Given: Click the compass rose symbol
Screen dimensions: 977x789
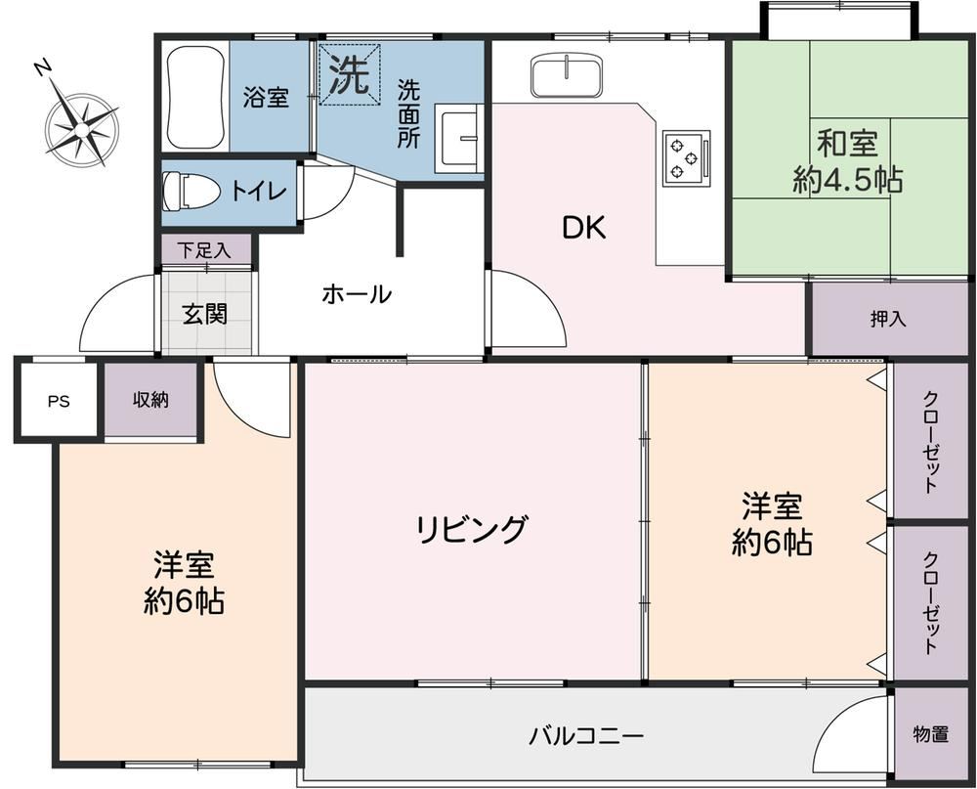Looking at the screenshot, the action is (x=80, y=125).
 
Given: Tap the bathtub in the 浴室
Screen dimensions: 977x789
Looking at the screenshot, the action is (x=195, y=96).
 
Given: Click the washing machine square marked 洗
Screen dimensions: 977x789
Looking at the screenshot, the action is (x=350, y=74).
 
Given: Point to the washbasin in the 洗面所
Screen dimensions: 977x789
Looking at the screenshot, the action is (x=458, y=138).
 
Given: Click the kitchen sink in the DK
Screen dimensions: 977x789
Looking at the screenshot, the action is (x=567, y=75).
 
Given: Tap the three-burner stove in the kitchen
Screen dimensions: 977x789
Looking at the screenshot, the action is (x=687, y=157).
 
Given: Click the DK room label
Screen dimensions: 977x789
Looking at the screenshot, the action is (x=584, y=228).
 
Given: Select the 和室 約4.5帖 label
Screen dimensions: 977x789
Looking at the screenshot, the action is (x=847, y=162).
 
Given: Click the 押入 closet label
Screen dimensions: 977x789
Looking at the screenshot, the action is (x=888, y=320).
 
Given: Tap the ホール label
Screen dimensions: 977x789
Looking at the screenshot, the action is (x=357, y=293).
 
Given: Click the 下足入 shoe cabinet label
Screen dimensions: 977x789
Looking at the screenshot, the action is (x=204, y=250).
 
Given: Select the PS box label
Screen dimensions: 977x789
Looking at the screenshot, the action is (x=60, y=401).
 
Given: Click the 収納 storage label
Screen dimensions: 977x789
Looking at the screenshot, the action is (x=150, y=399).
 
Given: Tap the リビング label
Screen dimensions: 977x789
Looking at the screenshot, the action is (x=472, y=530).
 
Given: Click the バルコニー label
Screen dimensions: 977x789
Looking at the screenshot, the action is (x=586, y=736).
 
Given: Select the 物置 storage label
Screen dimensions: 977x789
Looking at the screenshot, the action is (x=931, y=734).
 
